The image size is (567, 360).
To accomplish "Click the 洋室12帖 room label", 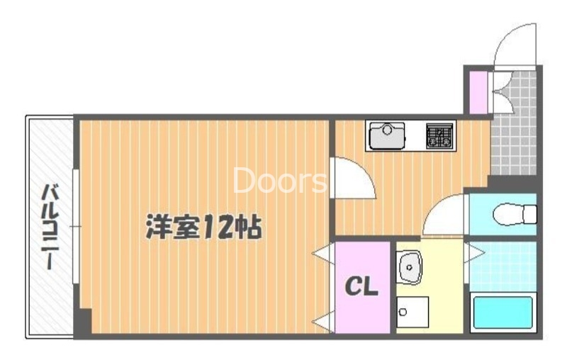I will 204,227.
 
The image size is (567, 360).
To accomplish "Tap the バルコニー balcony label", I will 50,226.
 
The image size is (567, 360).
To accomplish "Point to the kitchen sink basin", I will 386,135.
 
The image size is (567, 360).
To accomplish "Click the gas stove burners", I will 439,135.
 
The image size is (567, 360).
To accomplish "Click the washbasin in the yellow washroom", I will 409,266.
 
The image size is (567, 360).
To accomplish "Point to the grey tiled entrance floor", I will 513,135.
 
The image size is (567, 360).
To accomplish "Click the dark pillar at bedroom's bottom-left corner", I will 84,323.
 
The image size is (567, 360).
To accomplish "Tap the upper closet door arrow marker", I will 323,252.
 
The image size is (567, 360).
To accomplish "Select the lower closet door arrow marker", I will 323,321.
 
